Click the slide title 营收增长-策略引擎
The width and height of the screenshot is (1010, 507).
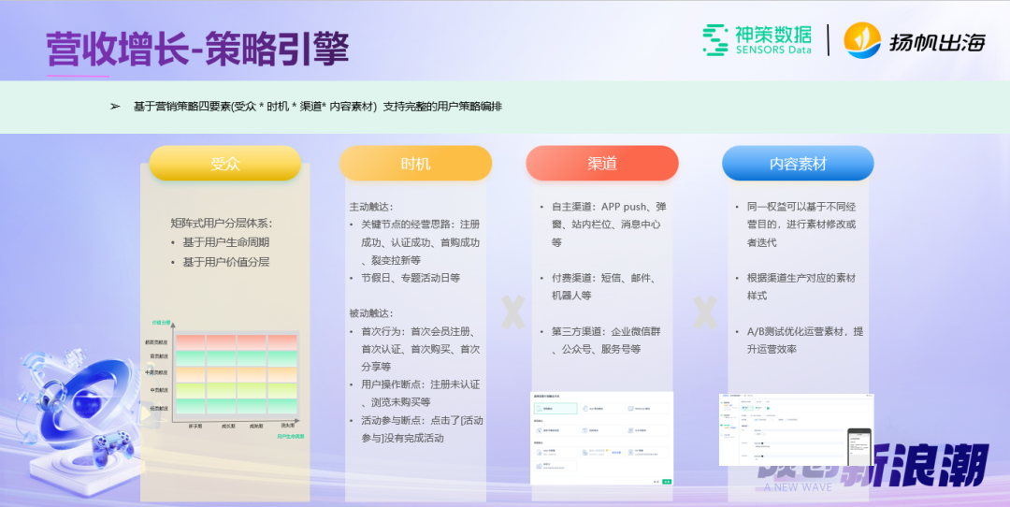197,50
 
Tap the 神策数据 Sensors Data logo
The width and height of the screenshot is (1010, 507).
757,39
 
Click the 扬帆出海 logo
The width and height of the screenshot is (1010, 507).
915,40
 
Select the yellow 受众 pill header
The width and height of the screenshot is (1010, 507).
224,163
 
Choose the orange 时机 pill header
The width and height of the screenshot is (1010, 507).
415,163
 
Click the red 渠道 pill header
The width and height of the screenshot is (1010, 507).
601,163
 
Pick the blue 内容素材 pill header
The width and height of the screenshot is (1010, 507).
798,163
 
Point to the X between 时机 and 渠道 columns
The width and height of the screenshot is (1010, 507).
512,313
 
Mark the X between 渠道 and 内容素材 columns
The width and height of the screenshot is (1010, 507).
704,313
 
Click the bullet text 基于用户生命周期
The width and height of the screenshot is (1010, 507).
225,242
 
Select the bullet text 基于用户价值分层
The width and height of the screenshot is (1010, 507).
225,262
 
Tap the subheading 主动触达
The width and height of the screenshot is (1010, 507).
371,207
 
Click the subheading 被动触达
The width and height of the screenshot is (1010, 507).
371,313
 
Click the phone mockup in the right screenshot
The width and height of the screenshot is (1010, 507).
858,446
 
